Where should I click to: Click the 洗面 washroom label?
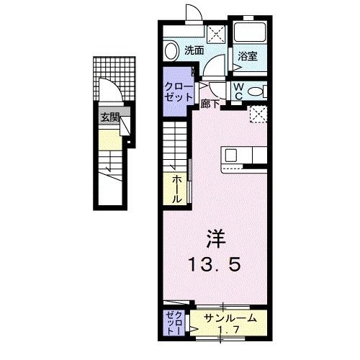click(193, 50)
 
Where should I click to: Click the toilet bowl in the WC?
click(260, 91)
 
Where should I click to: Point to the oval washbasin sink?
click(171, 51)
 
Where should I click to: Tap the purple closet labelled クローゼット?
click(176, 91)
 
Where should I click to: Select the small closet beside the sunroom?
click(173, 323)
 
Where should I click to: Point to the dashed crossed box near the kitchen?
click(257, 114)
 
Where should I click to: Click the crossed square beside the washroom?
click(215, 32)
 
